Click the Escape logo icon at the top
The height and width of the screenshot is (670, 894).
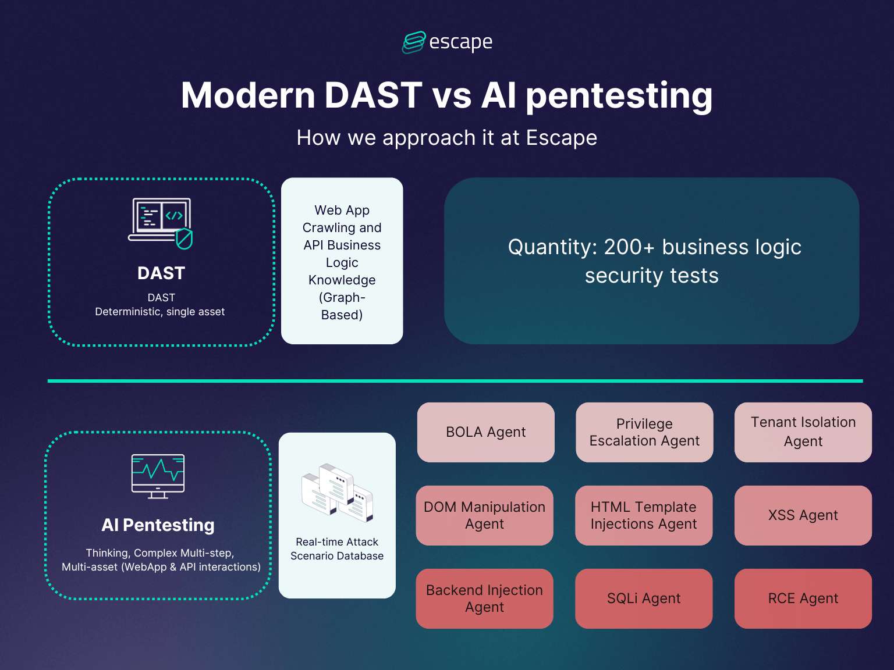[x=414, y=42]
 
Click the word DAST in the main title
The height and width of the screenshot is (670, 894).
[x=373, y=95]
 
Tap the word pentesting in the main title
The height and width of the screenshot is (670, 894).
[x=619, y=97]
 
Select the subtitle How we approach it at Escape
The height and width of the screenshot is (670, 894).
[x=446, y=138]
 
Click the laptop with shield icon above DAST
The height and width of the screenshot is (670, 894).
[x=161, y=223]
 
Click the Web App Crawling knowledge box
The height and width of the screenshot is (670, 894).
[x=342, y=262]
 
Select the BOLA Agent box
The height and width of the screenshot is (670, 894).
[x=485, y=432]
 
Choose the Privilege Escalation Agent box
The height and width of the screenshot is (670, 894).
[x=644, y=432]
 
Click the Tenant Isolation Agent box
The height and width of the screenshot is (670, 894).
[x=803, y=432]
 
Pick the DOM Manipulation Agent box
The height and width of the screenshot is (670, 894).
[x=484, y=515]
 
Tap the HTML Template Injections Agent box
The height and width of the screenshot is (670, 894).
[x=644, y=515]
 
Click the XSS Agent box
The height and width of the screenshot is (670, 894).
[x=803, y=515]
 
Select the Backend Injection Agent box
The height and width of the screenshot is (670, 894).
[x=484, y=598]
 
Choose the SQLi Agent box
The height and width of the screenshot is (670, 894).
[x=644, y=598]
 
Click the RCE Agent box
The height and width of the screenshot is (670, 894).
[x=803, y=598]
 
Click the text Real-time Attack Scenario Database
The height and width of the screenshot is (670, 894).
[x=337, y=549]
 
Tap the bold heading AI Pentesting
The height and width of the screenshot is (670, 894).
[x=158, y=525]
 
